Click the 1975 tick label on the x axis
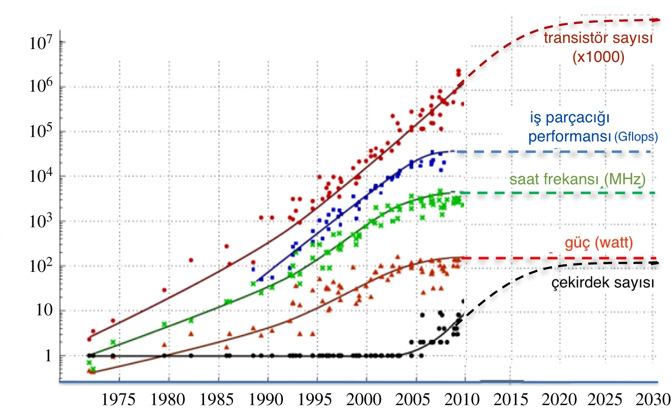coord(119,399)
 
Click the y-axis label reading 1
coord(48,356)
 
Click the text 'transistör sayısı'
coord(598,38)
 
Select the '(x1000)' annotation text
coord(598,57)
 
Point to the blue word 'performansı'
coord(569,137)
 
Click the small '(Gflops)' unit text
coord(636,138)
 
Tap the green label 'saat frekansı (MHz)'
coord(577,179)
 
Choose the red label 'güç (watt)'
coord(599,243)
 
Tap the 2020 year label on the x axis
coord(560,399)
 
